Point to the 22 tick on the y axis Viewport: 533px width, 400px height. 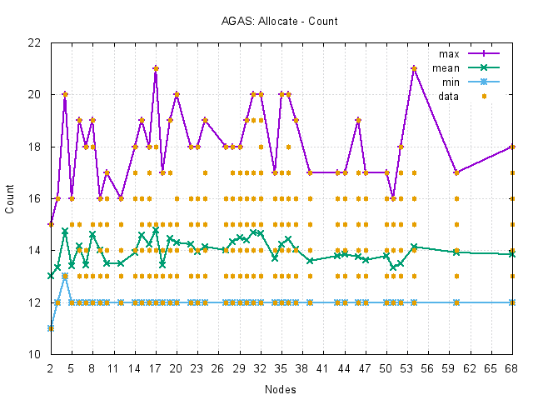(34, 42)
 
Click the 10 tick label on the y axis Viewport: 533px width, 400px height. (34, 354)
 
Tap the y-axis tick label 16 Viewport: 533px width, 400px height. (34, 198)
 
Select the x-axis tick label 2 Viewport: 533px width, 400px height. (51, 367)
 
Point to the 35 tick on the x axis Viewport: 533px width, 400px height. (281, 367)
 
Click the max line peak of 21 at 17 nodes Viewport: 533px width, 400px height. (156, 68)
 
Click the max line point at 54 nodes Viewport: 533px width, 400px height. (415, 68)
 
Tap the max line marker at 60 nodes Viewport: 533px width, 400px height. (456, 172)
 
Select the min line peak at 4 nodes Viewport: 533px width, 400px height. (65, 276)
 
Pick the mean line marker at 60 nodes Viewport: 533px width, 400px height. (456, 252)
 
